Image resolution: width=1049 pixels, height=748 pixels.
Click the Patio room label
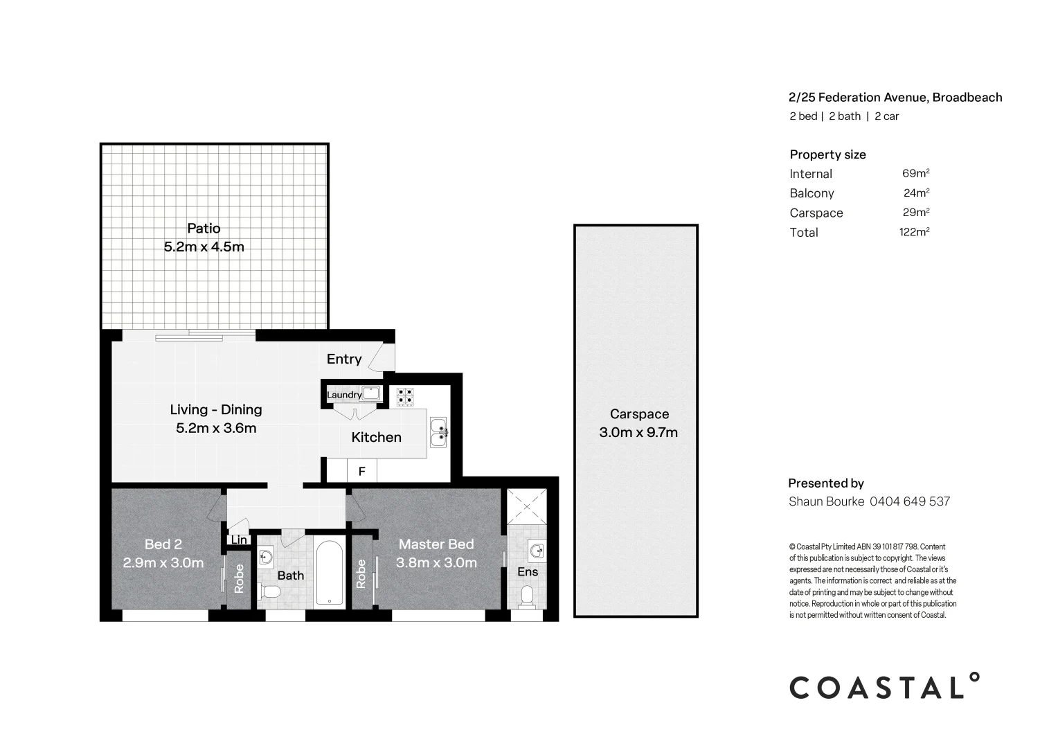(204, 229)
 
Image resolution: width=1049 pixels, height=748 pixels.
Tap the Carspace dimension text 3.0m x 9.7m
(638, 433)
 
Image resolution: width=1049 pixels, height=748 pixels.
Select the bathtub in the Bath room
(330, 573)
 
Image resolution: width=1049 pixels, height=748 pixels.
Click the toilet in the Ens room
(528, 596)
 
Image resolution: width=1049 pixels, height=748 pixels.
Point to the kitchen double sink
(438, 432)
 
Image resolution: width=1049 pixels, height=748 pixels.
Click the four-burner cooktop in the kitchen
(405, 396)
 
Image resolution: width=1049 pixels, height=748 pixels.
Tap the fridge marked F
(361, 472)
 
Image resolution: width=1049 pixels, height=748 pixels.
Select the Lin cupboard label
(239, 540)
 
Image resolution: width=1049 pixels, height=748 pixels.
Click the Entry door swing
(380, 359)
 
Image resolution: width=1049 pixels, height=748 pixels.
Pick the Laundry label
(343, 395)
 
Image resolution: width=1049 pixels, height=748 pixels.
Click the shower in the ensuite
(526, 508)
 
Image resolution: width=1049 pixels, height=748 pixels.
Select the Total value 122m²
(913, 232)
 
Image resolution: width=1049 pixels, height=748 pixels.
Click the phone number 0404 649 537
(909, 501)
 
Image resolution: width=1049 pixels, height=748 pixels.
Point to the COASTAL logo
(885, 686)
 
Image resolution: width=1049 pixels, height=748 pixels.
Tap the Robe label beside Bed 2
(239, 578)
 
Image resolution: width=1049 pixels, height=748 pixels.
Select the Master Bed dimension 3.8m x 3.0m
(436, 563)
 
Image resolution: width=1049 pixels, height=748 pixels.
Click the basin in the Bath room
(267, 556)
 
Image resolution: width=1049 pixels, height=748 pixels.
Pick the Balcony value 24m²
(916, 193)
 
